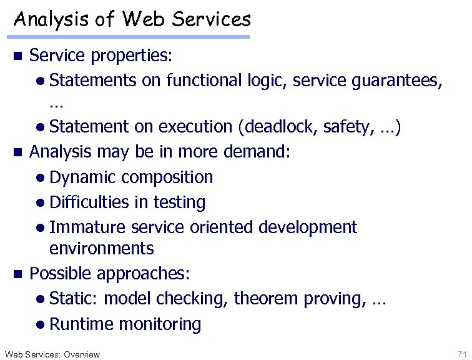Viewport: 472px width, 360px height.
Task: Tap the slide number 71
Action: [x=461, y=354]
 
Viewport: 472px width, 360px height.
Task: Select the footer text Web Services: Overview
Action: [x=52, y=354]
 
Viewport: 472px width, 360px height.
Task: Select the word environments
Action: [x=101, y=249]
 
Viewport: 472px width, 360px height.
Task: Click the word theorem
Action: [x=266, y=299]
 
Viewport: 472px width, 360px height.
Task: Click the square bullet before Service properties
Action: [x=18, y=56]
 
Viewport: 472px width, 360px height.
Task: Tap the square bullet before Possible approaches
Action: [x=18, y=274]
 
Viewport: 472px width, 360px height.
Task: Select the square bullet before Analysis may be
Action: [x=18, y=152]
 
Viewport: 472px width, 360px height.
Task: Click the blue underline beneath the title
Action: [x=131, y=37]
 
